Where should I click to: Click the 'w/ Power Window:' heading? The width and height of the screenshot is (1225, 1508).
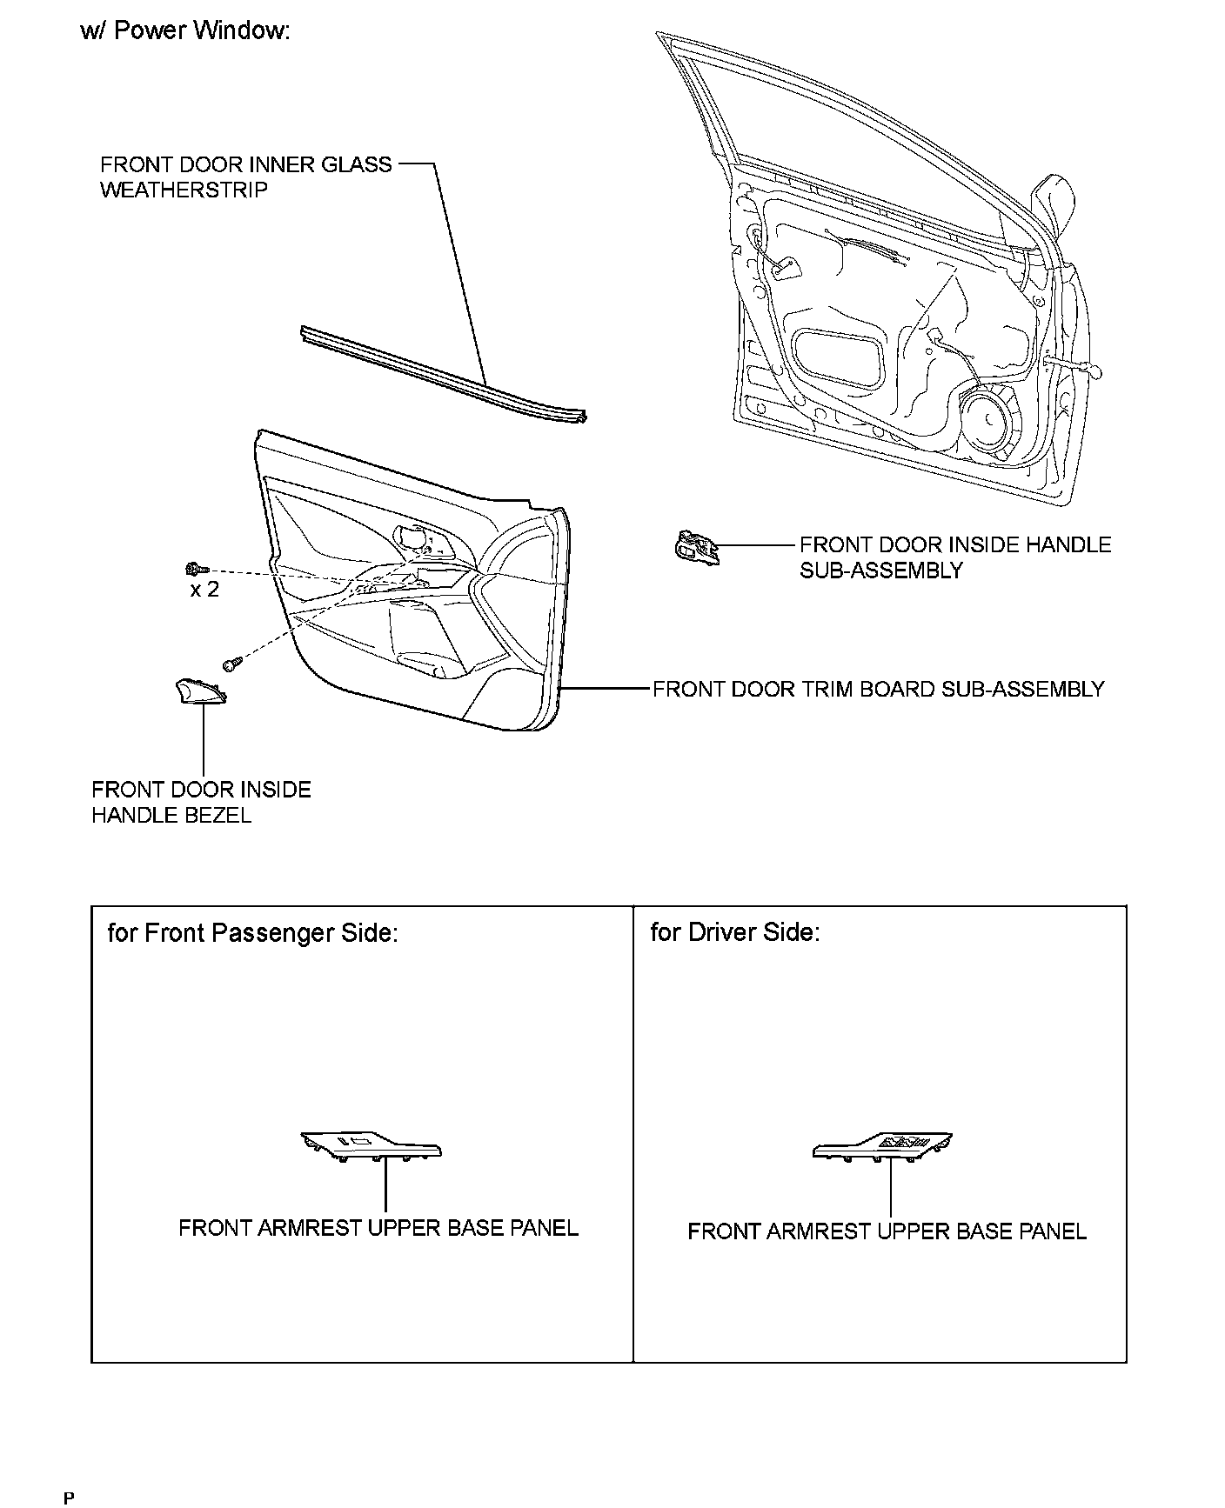184,31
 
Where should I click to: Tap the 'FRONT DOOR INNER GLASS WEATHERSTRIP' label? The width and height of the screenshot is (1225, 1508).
245,177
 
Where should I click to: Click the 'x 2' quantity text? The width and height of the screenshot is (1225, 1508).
204,590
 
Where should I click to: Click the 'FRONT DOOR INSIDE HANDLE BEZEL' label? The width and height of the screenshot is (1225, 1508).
201,803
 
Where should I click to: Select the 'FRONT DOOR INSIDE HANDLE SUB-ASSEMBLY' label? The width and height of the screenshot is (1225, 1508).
955,557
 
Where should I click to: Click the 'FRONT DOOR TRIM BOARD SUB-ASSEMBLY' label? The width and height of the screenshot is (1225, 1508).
878,690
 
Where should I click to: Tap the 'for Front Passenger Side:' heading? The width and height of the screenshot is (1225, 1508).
252,933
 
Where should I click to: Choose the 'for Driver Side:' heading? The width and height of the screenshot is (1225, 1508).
734,932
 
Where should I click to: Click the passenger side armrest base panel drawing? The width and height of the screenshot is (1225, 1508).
372,1146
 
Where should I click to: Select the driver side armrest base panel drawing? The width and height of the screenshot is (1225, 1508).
882,1147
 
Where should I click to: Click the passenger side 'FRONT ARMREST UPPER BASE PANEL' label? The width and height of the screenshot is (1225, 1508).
378,1228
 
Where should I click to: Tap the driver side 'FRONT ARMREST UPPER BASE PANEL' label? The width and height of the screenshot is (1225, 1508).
887,1231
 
